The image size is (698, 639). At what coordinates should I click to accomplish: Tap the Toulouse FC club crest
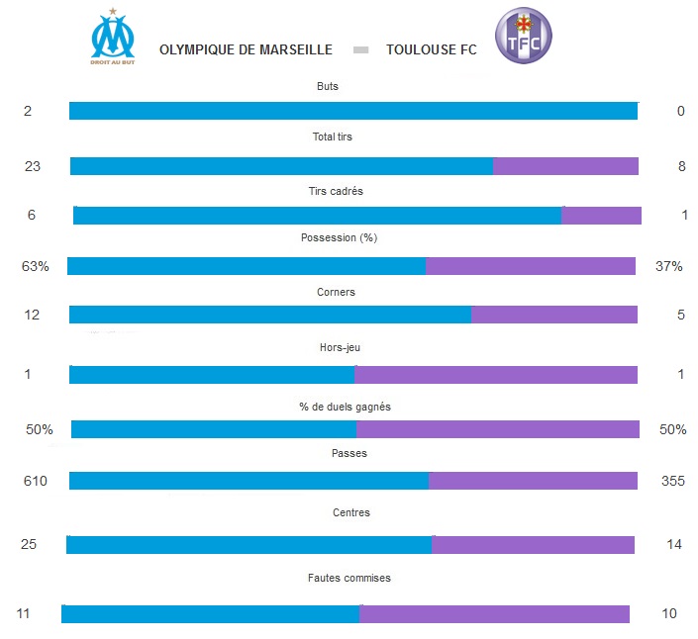point(523,37)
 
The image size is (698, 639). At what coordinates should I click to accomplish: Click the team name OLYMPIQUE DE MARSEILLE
point(246,49)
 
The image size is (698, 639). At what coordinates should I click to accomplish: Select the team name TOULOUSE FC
point(431,49)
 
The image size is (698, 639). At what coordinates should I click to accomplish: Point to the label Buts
point(327,87)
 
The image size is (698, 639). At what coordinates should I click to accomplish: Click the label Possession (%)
point(339,238)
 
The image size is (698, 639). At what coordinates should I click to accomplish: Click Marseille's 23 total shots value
point(33,166)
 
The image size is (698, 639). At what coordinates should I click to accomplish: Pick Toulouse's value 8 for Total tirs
point(681,166)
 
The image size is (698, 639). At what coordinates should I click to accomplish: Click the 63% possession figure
point(35,266)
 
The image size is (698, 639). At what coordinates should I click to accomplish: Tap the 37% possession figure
point(669,266)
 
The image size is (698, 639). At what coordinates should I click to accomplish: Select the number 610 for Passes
point(35,481)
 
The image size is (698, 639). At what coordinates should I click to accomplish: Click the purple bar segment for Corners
point(553,315)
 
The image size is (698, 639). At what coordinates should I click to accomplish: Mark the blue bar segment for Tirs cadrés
point(317,216)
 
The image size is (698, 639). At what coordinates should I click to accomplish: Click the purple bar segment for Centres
point(533,545)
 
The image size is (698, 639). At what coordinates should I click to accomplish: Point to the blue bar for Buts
point(352,111)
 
